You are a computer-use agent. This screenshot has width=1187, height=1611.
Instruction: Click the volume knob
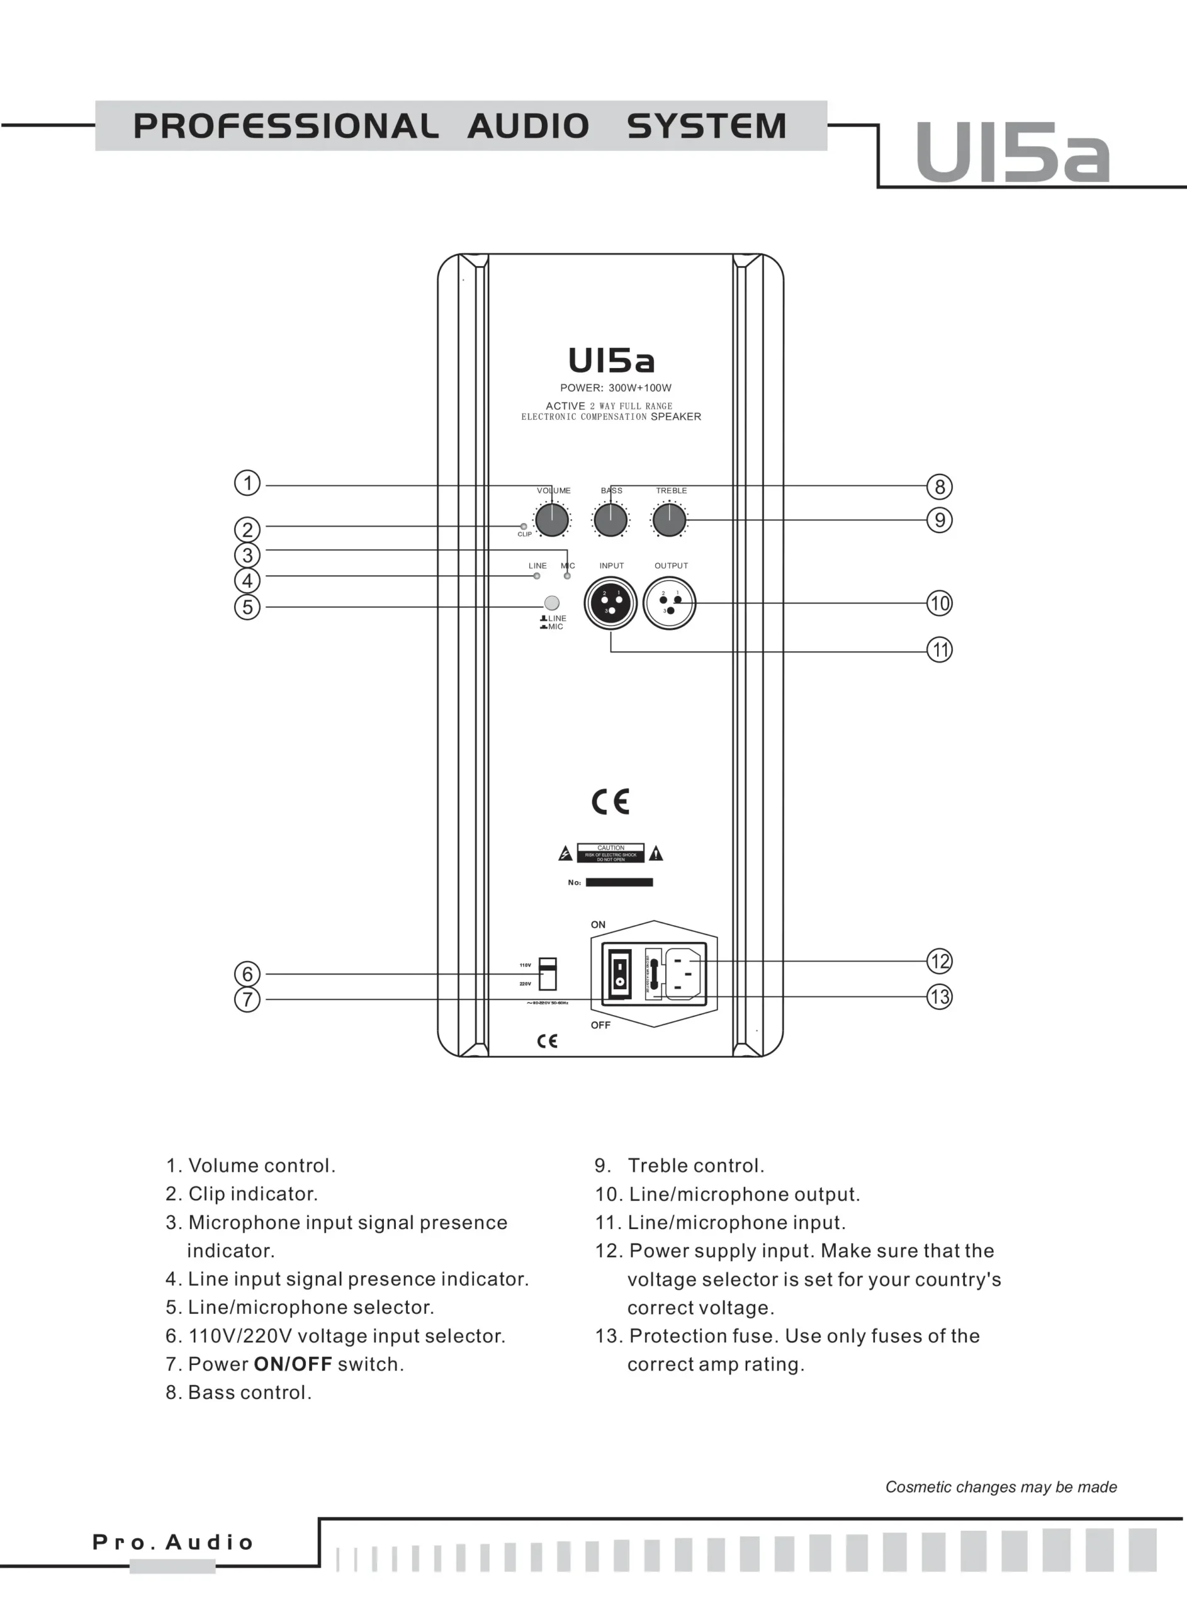click(552, 520)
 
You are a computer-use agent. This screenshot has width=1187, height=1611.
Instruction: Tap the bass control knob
click(610, 520)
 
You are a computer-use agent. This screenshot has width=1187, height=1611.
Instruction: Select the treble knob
click(669, 520)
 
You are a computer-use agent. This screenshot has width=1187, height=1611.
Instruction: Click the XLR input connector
click(610, 603)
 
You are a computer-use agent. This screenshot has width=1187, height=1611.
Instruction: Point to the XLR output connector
click(669, 603)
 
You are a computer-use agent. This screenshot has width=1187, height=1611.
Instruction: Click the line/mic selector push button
click(552, 603)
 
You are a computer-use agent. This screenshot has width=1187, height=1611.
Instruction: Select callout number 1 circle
click(247, 483)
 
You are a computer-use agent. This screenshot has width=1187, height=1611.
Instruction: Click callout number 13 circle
click(939, 996)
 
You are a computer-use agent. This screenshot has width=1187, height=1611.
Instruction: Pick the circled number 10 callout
click(939, 603)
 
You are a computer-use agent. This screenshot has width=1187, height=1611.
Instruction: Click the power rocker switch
click(619, 974)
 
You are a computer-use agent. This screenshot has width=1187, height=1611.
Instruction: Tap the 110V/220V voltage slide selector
click(548, 974)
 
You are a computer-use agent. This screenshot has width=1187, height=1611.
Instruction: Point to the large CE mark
click(610, 802)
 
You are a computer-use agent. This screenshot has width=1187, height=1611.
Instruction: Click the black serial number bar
click(619, 883)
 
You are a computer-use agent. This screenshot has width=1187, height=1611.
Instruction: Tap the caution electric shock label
click(610, 853)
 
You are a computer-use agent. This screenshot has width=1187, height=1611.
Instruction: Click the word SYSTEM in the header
click(706, 126)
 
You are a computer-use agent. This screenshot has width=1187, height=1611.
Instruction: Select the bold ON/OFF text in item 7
click(293, 1364)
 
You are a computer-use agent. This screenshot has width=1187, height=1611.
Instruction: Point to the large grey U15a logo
click(1013, 153)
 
